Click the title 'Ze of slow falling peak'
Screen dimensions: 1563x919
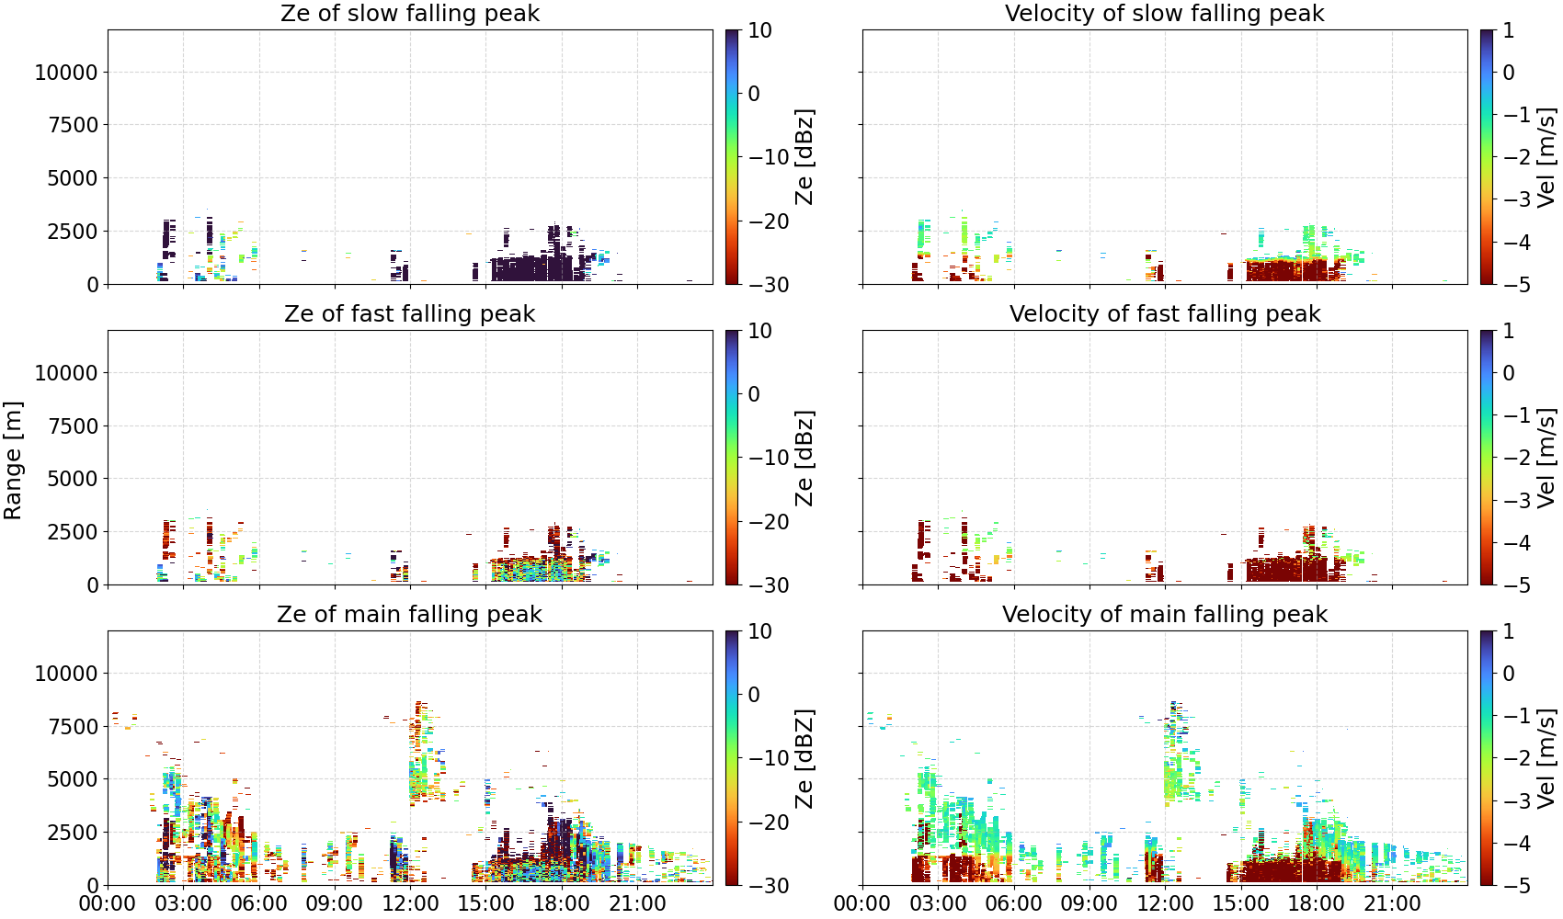[x=409, y=13]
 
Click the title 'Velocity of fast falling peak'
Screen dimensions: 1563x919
[x=1165, y=313]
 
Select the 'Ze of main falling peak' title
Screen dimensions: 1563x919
[x=409, y=614]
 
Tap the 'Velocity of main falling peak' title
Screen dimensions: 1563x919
[x=1165, y=614]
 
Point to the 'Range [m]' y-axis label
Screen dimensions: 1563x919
[x=13, y=460]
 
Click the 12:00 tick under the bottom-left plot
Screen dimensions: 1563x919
[x=410, y=903]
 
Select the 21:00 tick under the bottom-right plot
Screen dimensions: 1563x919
[x=1392, y=903]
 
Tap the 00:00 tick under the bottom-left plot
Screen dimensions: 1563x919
[x=108, y=903]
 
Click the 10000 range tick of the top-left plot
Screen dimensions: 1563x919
[x=66, y=72]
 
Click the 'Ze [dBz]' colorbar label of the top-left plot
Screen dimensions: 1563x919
[x=804, y=157]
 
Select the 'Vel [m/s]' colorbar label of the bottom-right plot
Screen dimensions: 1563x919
[x=1546, y=758]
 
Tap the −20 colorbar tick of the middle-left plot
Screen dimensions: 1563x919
[x=769, y=522]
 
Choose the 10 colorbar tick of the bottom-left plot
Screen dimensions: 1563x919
[x=759, y=631]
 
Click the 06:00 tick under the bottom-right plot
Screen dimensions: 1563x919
[x=1014, y=903]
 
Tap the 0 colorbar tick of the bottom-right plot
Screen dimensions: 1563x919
[x=1509, y=674]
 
